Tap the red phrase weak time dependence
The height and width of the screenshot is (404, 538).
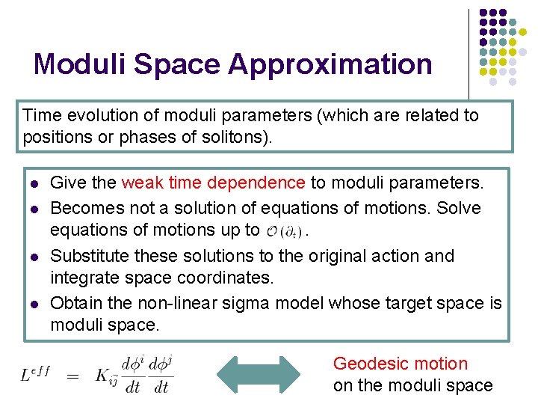pyautogui.click(x=213, y=183)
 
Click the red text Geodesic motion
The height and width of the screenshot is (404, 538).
pyautogui.click(x=400, y=364)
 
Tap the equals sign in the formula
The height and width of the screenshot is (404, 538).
pyautogui.click(x=73, y=376)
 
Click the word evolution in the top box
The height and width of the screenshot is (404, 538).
pyautogui.click(x=94, y=116)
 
